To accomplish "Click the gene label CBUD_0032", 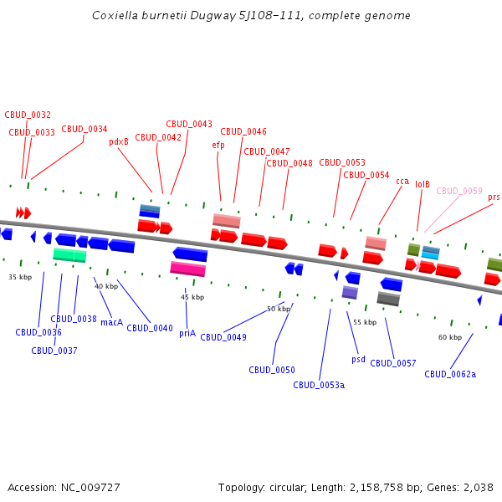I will click(28, 115).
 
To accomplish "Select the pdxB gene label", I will click(119, 142).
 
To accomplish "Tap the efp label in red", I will click(218, 146).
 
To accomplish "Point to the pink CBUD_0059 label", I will click(459, 192).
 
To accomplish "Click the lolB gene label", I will click(423, 185).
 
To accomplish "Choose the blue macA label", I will click(111, 322).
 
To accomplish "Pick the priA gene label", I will click(187, 333).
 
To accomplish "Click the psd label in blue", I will click(358, 359).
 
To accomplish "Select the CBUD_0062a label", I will click(450, 374).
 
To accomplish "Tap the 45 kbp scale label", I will click(192, 297).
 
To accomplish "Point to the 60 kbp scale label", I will click(450, 337).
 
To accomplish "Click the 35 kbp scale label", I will click(20, 277).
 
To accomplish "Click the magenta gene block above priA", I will click(187, 269).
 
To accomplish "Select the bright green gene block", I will click(69, 254).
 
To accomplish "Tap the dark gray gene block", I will click(388, 299).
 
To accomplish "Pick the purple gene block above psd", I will click(350, 292).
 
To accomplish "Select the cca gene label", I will click(402, 182).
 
